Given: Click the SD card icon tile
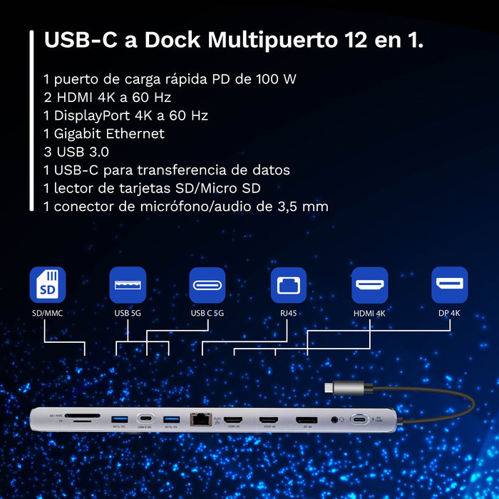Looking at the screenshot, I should point(47,285).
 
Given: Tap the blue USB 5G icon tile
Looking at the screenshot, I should point(128,285).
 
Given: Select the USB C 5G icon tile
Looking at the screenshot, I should point(207,285).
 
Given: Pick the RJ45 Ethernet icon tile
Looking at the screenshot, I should point(288,285).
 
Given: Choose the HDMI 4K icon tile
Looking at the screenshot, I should point(370,285).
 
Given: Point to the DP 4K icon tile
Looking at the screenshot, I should point(450,285).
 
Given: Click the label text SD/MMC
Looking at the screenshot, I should point(47,313).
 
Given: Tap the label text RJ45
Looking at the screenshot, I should point(288,313).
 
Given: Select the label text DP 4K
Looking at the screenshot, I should point(450,313).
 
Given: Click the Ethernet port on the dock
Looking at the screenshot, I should point(200,420).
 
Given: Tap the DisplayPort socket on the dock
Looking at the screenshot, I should point(307,420).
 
